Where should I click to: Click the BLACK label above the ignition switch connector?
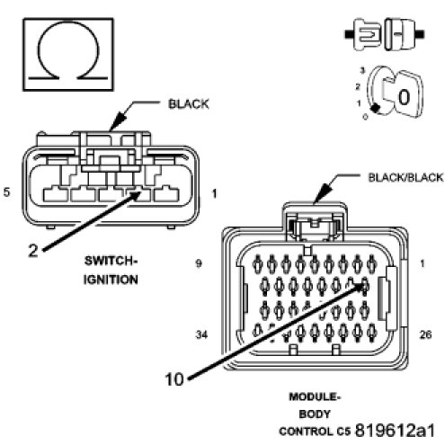189,104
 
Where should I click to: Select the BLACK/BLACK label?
405,177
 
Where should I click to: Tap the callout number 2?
33,250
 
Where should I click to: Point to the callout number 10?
174,379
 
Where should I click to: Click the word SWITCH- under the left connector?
111,261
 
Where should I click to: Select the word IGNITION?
111,280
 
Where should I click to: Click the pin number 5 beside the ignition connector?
6,191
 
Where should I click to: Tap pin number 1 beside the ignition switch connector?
214,193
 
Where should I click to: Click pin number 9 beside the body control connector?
199,263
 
